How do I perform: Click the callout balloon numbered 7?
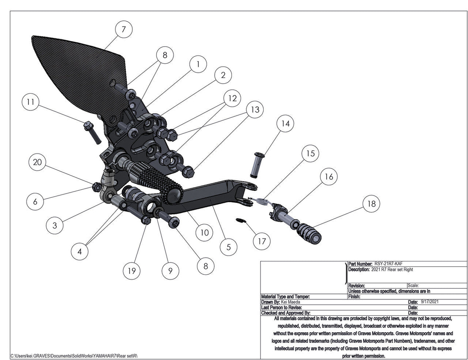click(123, 29)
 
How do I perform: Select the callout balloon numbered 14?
click(285, 124)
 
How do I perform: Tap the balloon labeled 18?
click(371, 204)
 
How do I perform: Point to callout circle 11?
click(31, 102)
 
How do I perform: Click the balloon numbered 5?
click(229, 247)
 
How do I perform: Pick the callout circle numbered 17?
click(262, 241)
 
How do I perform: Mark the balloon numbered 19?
click(132, 271)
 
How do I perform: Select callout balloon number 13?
click(255, 110)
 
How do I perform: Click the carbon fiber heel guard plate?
click(77, 73)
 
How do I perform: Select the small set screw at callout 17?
click(239, 221)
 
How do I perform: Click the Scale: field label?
click(413, 286)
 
